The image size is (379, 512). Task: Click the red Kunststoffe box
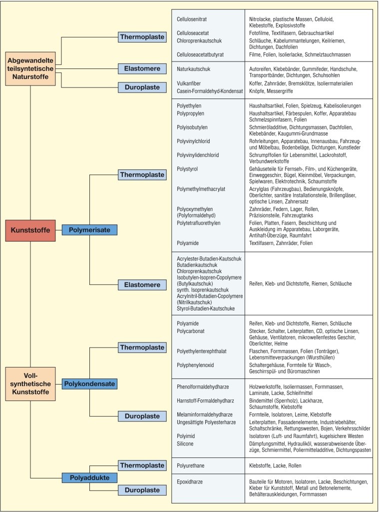(x=30, y=229)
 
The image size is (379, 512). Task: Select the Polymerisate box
(x=89, y=229)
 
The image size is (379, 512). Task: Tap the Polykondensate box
(x=89, y=384)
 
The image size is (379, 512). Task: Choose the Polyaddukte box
(x=86, y=478)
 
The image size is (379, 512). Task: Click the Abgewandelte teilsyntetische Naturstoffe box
(x=30, y=68)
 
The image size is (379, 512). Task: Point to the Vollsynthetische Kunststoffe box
(x=30, y=384)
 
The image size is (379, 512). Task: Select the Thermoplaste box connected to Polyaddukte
(x=142, y=465)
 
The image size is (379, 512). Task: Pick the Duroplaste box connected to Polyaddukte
(x=142, y=489)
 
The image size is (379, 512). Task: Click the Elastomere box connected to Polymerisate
(x=142, y=285)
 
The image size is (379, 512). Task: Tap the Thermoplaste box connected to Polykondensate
(x=142, y=347)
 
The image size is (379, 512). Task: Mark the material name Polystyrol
(x=187, y=169)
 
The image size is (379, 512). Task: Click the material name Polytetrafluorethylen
(x=198, y=222)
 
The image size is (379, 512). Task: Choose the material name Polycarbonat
(x=192, y=331)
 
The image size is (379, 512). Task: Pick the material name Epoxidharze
(x=190, y=482)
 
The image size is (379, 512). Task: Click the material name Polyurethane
(x=191, y=465)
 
